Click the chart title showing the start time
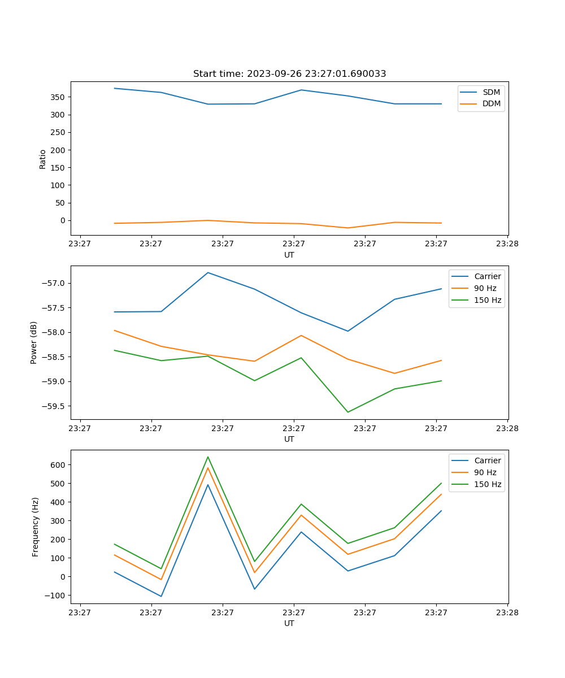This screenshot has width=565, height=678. click(x=289, y=74)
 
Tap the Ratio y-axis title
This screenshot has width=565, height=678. click(x=43, y=159)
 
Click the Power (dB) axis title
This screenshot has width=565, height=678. click(x=34, y=342)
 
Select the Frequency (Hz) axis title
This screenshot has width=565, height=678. click(x=35, y=527)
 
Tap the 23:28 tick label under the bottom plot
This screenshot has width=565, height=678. click(x=507, y=612)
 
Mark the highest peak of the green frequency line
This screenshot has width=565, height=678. click(x=208, y=457)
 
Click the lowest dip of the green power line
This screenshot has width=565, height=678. click(x=347, y=412)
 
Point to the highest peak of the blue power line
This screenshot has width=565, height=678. click(x=208, y=272)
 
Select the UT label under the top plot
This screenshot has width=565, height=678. click(x=289, y=255)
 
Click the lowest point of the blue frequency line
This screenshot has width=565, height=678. click(x=161, y=596)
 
